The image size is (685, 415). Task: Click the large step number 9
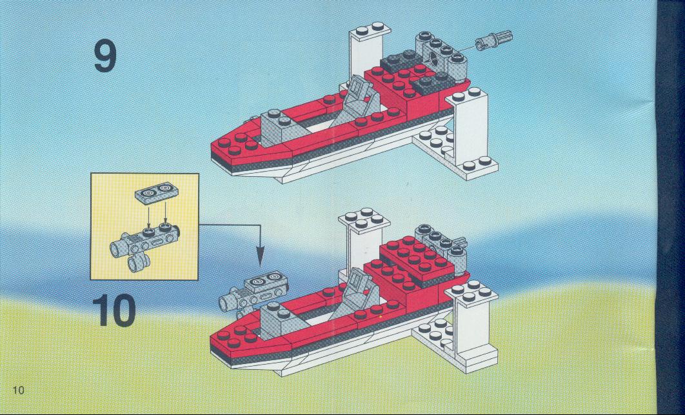click(105, 56)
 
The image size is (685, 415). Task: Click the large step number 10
click(114, 310)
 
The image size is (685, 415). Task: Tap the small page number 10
click(18, 390)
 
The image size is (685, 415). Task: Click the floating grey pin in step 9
click(493, 40)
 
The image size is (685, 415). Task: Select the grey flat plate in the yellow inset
click(157, 193)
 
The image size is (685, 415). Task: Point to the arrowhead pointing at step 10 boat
click(261, 257)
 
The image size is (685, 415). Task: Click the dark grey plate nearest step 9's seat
click(400, 61)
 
